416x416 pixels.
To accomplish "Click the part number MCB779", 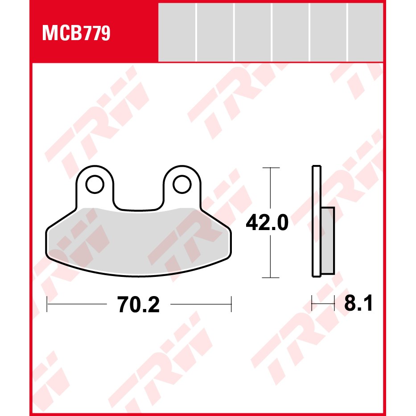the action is [x=76, y=33].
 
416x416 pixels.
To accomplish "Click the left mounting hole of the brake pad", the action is [x=95, y=184].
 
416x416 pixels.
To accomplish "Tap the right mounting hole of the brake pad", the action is [x=182, y=184].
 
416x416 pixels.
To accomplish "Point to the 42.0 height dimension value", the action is [x=267, y=222].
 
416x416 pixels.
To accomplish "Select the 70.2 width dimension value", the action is [x=139, y=305].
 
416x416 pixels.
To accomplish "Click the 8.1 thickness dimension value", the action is [x=358, y=303].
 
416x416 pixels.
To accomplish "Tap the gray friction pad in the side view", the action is [x=328, y=241].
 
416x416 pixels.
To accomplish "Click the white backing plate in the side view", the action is [x=317, y=221].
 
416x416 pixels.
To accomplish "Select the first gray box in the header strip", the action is [x=177, y=33].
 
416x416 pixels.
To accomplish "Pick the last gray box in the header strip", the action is [x=365, y=33].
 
